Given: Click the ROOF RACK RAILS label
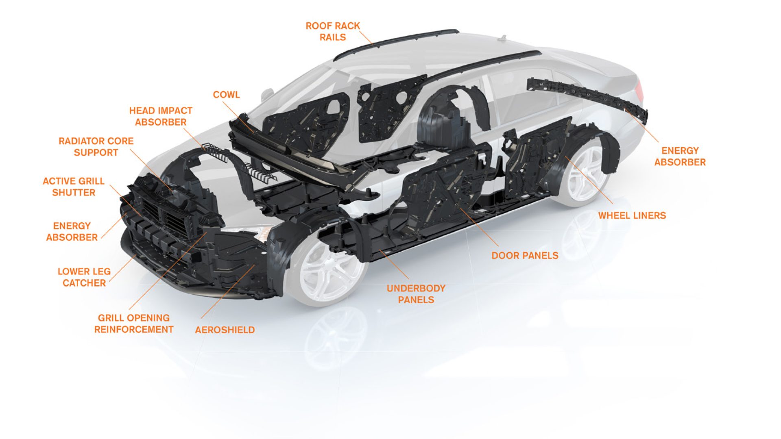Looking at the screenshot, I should click(333, 32).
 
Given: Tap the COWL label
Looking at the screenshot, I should click(226, 95).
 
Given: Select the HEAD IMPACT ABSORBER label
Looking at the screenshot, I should click(161, 116).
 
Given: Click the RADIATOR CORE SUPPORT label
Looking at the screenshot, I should click(96, 147).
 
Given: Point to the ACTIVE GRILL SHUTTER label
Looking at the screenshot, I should click(74, 187).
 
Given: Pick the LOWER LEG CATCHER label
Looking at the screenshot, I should click(84, 277).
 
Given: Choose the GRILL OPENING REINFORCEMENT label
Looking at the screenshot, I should click(134, 324).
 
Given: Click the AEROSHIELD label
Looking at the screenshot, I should click(225, 330).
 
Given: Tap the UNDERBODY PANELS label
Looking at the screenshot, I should click(416, 294).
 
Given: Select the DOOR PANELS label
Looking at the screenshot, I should click(525, 256).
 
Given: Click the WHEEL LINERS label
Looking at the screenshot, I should click(632, 216).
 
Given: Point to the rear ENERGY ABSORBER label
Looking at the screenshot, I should click(680, 156).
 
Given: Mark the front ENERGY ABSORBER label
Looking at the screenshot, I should click(72, 232).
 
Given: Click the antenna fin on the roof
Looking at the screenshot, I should click(503, 38).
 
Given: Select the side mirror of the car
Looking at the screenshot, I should click(267, 94).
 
